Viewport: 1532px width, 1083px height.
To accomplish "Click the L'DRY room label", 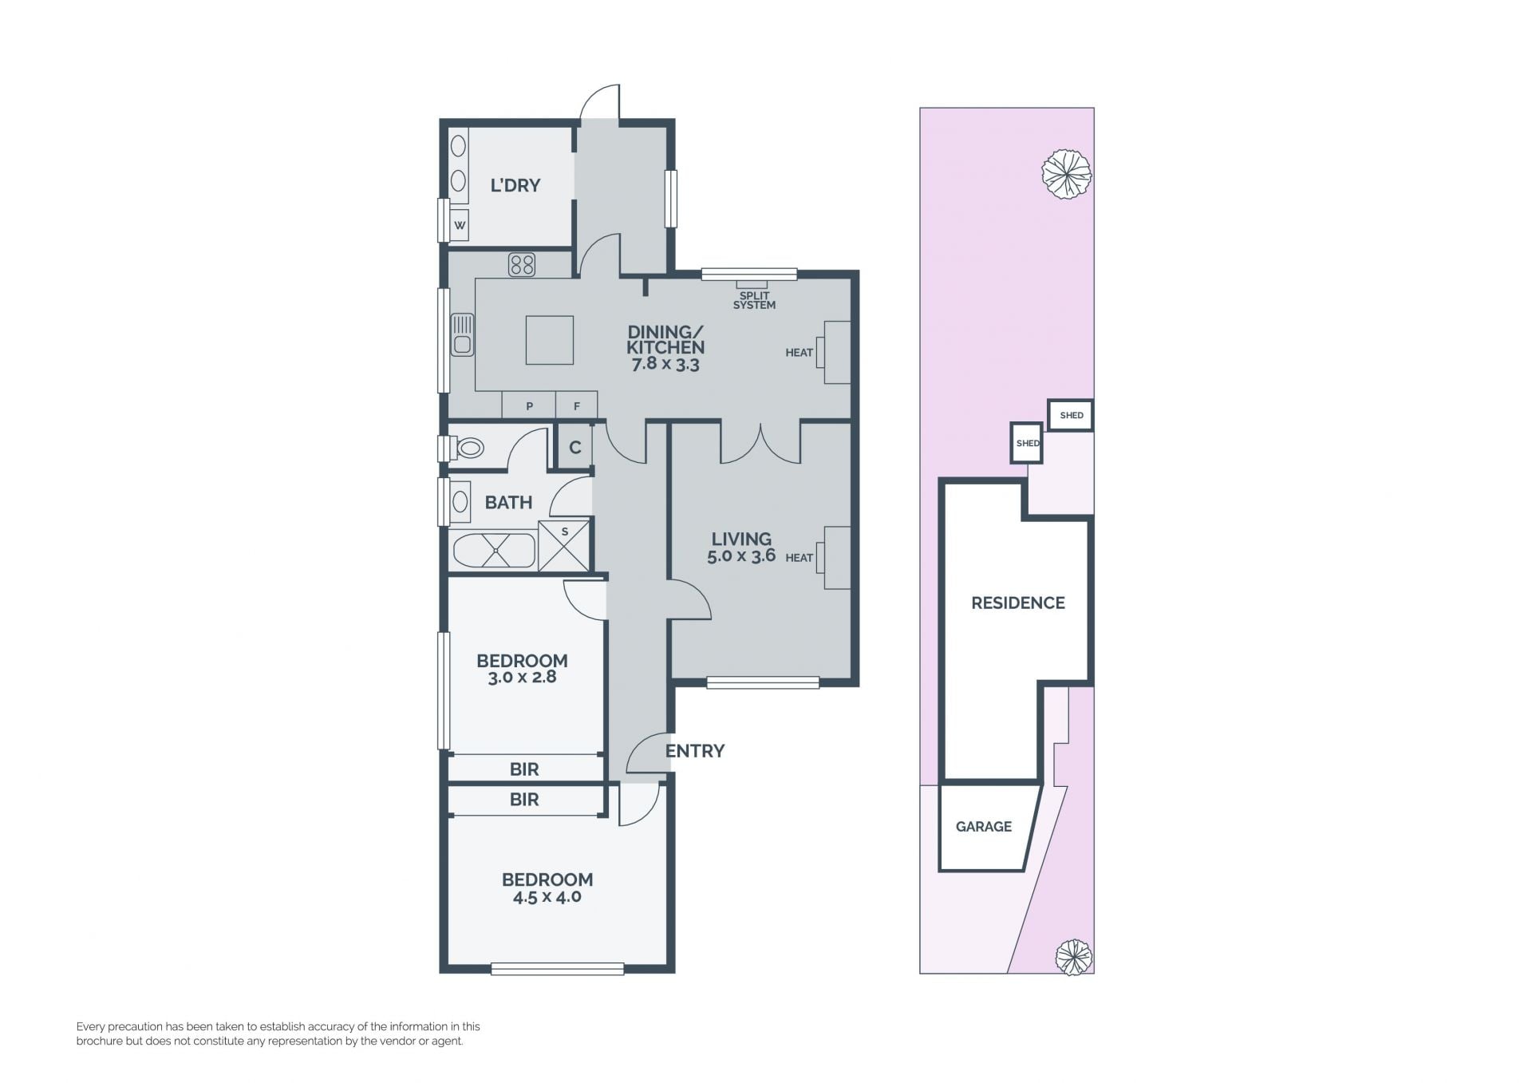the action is (515, 185).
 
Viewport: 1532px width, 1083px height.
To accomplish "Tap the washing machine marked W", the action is (460, 225).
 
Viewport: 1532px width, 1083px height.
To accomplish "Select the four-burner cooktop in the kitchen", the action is (522, 264).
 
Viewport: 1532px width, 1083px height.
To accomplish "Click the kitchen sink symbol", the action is (462, 334).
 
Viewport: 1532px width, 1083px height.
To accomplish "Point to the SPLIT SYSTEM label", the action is (754, 300).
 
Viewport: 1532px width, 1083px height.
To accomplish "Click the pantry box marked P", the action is (529, 405).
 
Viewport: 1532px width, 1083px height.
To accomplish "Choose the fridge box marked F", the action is (577, 405).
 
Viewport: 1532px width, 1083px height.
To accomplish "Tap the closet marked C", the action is (574, 447).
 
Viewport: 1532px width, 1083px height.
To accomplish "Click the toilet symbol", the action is (468, 448).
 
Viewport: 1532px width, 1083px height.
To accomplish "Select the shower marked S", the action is (564, 545).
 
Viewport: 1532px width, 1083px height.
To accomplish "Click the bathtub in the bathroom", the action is (494, 551).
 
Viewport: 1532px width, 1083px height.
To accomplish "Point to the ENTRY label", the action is (695, 751).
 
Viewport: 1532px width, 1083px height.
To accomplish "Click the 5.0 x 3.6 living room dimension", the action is (741, 556).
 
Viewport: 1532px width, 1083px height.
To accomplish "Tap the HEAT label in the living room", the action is (799, 558).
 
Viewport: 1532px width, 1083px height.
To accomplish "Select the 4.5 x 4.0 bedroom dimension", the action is (547, 897).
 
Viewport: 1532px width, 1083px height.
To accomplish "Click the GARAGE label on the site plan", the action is (984, 827).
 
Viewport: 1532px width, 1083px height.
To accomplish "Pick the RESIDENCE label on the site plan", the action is (1018, 603).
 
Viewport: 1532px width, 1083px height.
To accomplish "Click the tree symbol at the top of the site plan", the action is (1066, 173).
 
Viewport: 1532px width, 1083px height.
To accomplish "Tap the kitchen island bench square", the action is (549, 340).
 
